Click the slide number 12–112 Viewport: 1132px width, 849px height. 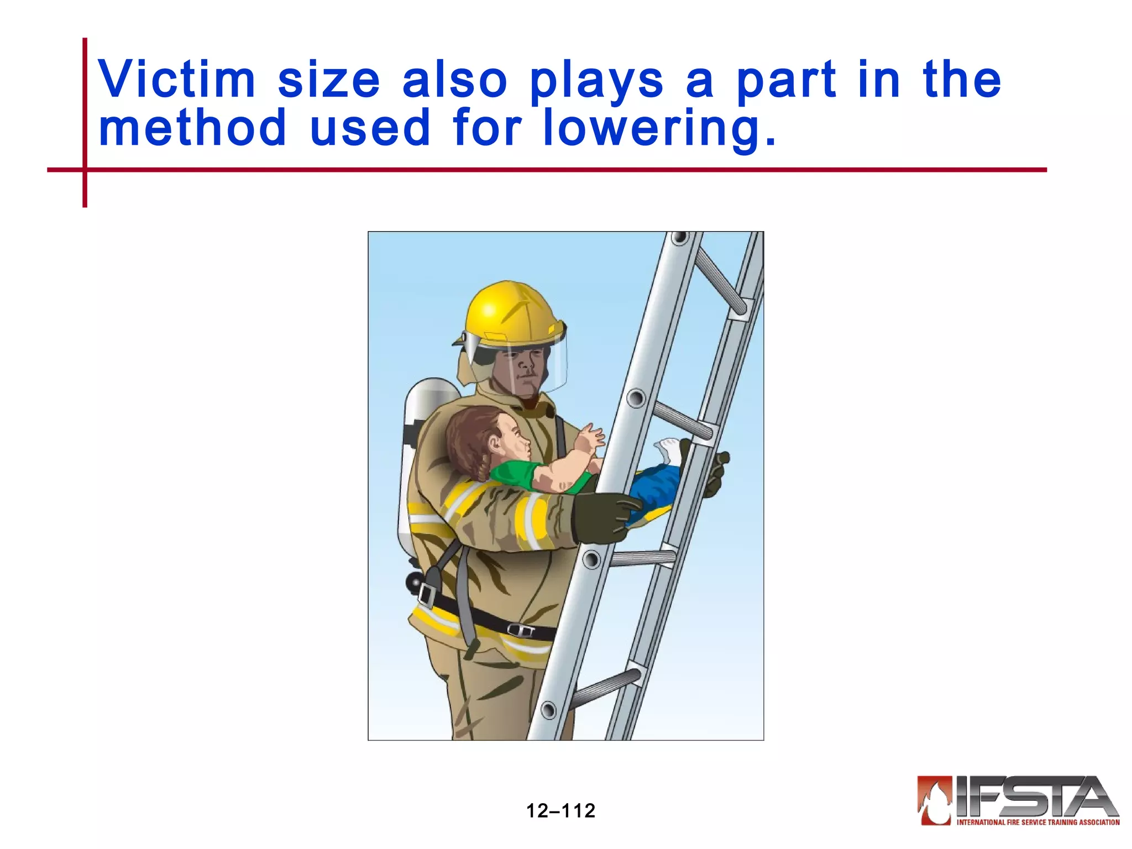point(560,810)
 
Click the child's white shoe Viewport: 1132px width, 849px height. point(669,450)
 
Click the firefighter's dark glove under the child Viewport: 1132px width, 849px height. point(602,517)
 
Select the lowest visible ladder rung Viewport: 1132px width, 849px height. point(605,688)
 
